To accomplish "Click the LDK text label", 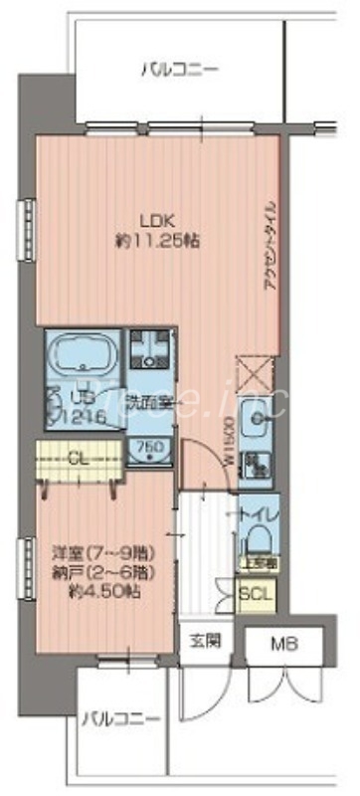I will pyautogui.click(x=154, y=221).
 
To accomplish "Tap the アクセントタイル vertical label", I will pyautogui.click(x=272, y=244).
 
